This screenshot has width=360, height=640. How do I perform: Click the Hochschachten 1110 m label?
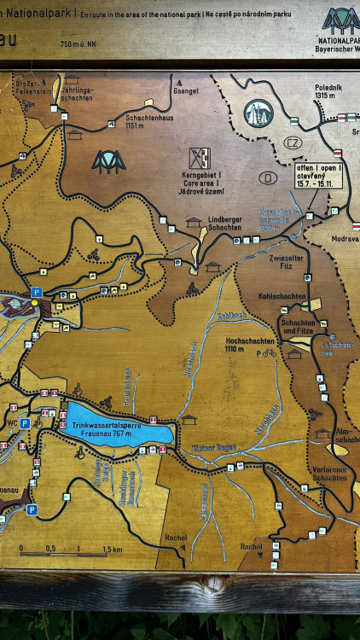pyautogui.click(x=249, y=344)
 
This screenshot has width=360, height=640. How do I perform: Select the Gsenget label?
pyautogui.click(x=185, y=90)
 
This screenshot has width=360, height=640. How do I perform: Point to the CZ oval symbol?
pyautogui.click(x=293, y=143)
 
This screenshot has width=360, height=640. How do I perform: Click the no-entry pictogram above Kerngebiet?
pyautogui.click(x=200, y=157)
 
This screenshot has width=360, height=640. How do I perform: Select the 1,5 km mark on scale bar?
pyautogui.click(x=112, y=549)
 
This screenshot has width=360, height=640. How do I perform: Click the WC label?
pyautogui.click(x=10, y=423)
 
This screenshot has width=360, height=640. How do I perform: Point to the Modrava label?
pyautogui.click(x=345, y=239)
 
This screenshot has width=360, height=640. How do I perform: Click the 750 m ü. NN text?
pyautogui.click(x=78, y=44)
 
